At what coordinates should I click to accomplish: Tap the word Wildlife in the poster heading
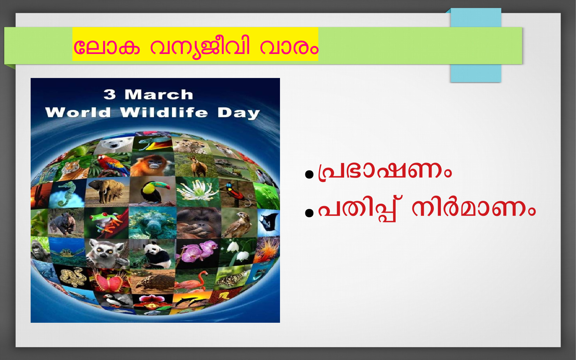click(x=164, y=112)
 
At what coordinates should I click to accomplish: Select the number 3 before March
click(x=110, y=94)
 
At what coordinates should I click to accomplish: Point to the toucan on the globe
click(x=153, y=192)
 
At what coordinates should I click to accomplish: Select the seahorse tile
click(x=67, y=194)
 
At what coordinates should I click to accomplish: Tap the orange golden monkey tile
click(x=152, y=165)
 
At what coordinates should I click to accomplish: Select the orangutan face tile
click(x=199, y=223)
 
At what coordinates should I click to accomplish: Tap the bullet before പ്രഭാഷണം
click(x=309, y=174)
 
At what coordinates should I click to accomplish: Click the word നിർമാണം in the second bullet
click(x=474, y=209)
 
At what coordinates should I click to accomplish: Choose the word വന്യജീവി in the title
click(x=200, y=47)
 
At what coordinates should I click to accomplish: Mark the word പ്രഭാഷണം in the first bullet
click(x=385, y=171)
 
